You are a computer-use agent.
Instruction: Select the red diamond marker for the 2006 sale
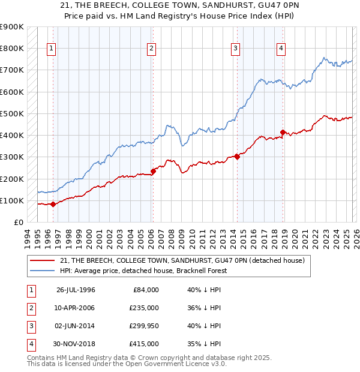153,171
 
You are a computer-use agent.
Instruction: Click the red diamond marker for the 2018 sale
283,132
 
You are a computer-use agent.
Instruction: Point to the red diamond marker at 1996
53,204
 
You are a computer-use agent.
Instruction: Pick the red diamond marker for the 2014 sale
237,157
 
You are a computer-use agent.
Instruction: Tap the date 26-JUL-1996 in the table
76,290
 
